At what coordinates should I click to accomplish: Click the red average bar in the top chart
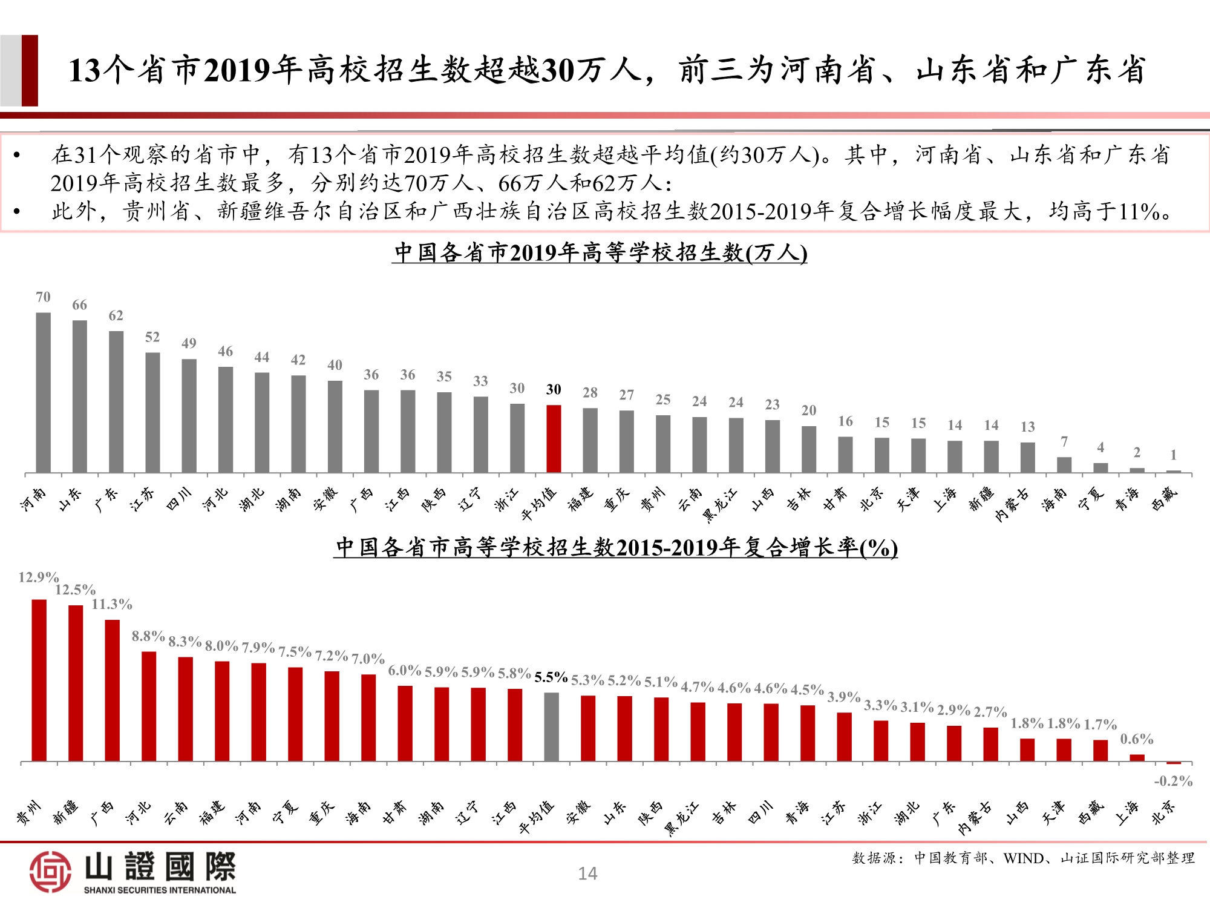point(554,439)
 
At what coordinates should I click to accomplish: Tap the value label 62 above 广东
point(116,315)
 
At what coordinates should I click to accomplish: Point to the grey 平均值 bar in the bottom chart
point(551,726)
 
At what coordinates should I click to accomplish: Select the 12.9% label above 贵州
point(38,577)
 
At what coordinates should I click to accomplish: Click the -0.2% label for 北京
point(1172,781)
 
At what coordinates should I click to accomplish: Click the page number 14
point(587,873)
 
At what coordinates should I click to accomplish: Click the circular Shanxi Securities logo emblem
point(50,872)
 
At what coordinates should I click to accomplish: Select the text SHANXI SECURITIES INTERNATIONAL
point(160,890)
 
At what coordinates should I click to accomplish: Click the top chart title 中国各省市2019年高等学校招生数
point(600,252)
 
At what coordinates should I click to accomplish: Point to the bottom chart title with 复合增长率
point(616,548)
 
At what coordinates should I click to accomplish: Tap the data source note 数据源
point(1023,858)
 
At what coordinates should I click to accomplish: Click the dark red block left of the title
point(30,70)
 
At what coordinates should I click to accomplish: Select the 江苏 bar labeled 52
point(152,412)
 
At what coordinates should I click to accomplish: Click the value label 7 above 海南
point(1064,442)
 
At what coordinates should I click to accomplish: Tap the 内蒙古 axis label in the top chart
point(1012,505)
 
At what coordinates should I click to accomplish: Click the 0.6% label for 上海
point(1136,739)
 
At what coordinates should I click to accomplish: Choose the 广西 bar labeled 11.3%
point(113,690)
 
